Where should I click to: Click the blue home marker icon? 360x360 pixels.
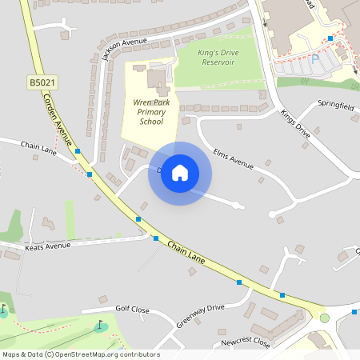[x=180, y=173]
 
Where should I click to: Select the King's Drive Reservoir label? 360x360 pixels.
[x=218, y=57]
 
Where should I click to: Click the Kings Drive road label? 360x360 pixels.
[x=294, y=124]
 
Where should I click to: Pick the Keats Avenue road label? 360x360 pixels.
[x=49, y=247]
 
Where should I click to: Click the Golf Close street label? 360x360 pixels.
[x=132, y=308]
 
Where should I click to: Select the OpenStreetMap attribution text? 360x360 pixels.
[x=81, y=354]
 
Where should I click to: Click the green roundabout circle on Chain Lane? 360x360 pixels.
[x=325, y=318]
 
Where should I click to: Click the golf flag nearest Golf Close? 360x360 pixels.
[x=101, y=326]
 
